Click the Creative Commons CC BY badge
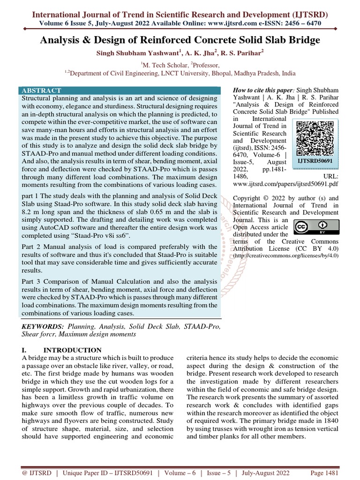[x=310, y=227]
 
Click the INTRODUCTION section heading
[x=72, y=350]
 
